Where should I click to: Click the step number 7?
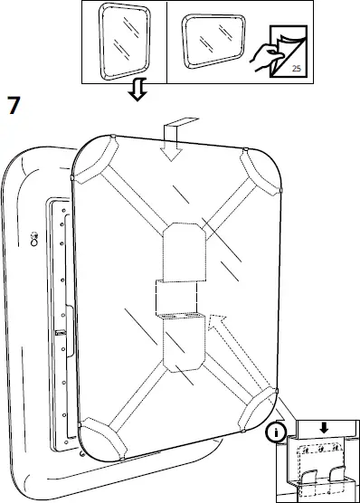[14, 104]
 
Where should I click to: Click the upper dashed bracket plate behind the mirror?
[185, 248]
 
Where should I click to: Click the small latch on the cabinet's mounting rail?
[59, 335]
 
